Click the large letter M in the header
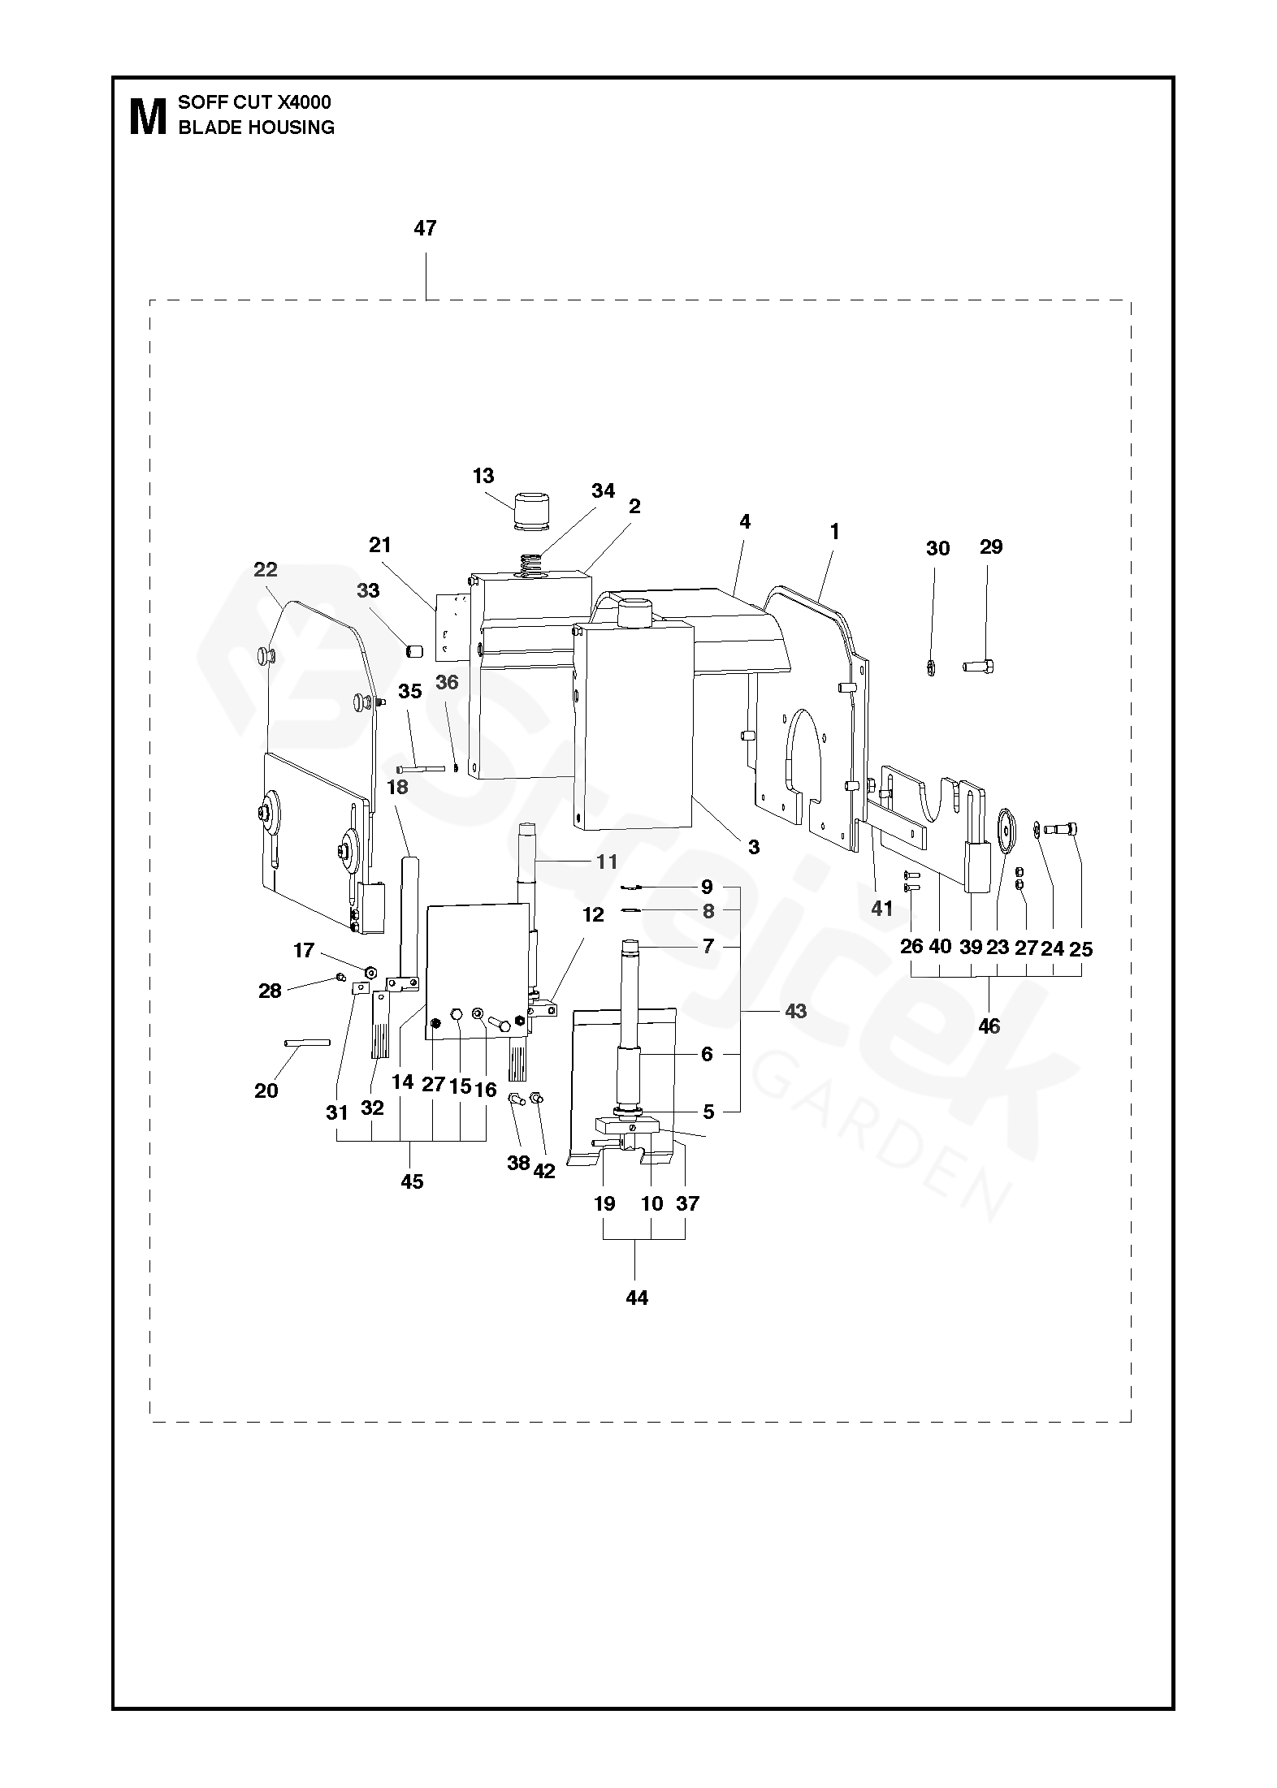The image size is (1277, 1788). click(147, 116)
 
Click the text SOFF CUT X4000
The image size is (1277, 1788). click(254, 102)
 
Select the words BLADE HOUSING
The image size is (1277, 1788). click(256, 127)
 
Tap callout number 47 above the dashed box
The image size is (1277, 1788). click(425, 228)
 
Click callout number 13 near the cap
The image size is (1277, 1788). click(483, 476)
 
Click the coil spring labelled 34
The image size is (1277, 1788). click(530, 564)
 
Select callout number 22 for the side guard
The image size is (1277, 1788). click(266, 570)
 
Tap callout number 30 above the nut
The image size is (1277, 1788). click(937, 549)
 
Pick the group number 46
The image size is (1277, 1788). click(989, 1026)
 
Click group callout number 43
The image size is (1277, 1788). click(796, 1011)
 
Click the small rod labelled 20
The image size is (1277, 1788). click(307, 1043)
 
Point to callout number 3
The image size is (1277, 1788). click(754, 847)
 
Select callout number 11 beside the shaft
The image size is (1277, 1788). click(607, 862)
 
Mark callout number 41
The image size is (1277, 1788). click(881, 909)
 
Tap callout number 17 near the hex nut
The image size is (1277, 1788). click(304, 950)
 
